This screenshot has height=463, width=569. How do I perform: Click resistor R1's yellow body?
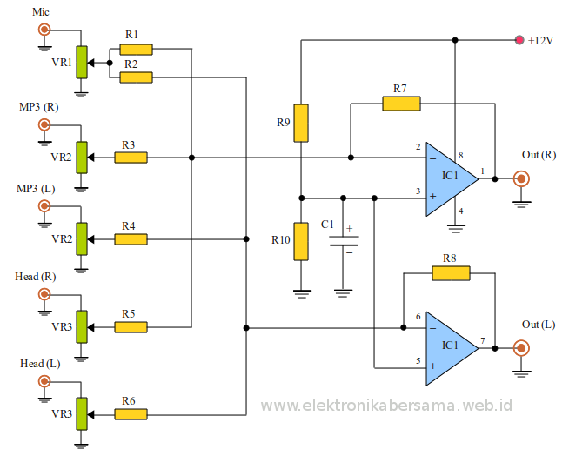point(136,50)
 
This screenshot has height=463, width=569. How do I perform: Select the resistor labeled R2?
point(136,77)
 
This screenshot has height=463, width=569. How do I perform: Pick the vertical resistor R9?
point(301,123)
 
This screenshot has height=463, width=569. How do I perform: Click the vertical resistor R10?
point(301,241)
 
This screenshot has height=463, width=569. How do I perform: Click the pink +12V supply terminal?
point(519,40)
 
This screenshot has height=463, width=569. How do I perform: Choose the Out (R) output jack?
point(521,179)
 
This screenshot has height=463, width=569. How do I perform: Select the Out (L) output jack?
point(521,348)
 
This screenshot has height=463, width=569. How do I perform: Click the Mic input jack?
point(44,31)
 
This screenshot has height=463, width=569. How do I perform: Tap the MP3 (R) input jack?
point(44,124)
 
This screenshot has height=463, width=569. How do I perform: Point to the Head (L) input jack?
point(44,380)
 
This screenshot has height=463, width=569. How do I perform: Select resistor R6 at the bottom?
point(131,414)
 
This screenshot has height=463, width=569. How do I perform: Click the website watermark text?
point(386,406)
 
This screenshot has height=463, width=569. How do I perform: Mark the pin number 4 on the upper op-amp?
point(461,211)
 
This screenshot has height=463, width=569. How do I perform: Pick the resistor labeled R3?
point(131,158)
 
